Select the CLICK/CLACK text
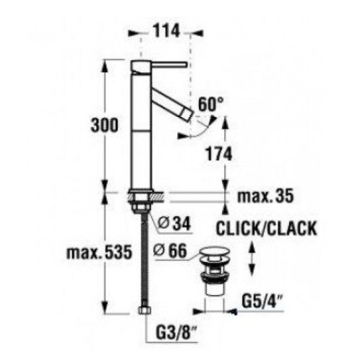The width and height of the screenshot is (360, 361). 266,230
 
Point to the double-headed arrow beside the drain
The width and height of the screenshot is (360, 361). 251,256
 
